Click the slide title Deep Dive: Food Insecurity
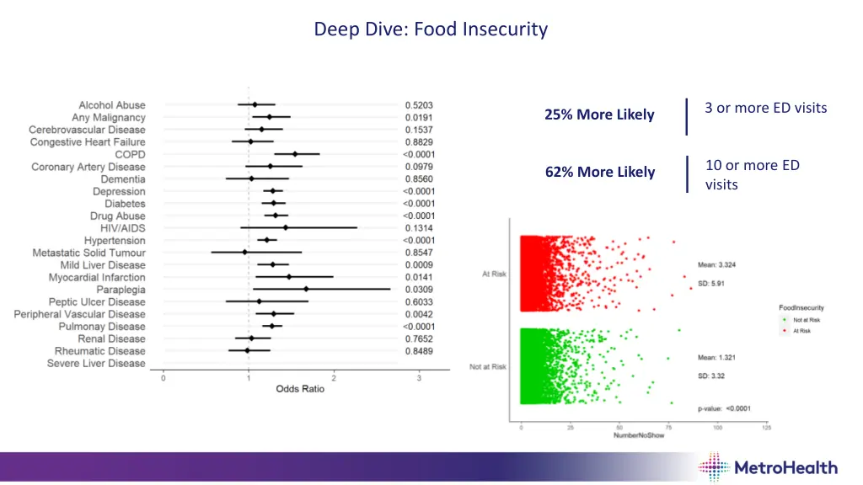click(431, 29)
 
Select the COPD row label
click(130, 154)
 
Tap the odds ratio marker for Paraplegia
click(306, 290)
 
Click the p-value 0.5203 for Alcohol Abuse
click(418, 105)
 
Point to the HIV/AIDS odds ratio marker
click(286, 228)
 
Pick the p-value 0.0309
click(418, 290)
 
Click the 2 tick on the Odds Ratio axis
click(334, 377)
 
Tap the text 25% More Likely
click(599, 115)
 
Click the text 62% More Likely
click(599, 172)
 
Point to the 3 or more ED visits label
click(765, 108)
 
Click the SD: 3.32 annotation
click(711, 375)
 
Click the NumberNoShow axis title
click(639, 436)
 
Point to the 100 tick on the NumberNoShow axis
click(717, 427)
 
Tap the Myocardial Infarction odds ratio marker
click(289, 277)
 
